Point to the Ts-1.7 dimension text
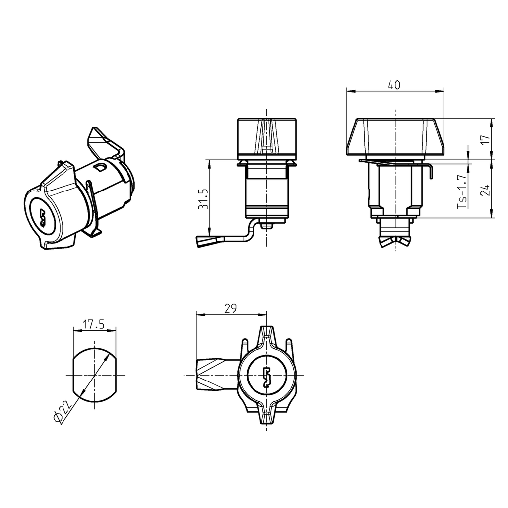462,190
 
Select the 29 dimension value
230,308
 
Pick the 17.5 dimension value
93,325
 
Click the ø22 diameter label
63,411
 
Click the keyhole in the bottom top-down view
267,377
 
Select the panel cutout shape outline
73,376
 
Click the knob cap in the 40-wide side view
394,136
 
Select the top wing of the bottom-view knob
267,335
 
